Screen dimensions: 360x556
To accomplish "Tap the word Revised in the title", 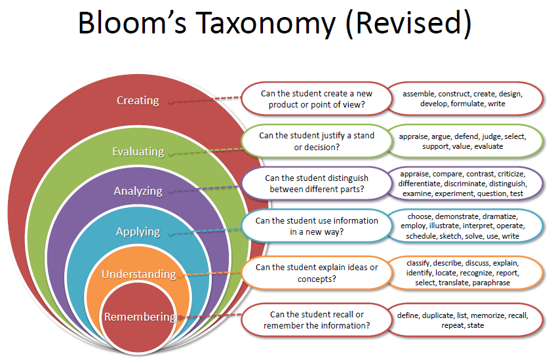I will coord(413,24).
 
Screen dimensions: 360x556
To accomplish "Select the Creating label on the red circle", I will coord(138,100).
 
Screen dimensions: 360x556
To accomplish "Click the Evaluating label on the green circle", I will coord(138,151).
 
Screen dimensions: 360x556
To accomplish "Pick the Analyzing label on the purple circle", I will coord(138,191).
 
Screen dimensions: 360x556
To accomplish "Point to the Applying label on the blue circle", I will coord(138,231).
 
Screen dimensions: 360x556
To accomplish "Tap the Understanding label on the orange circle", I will coord(138,274).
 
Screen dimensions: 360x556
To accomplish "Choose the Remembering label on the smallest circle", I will coord(140,317).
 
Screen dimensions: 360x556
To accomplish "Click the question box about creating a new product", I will coord(313,99).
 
